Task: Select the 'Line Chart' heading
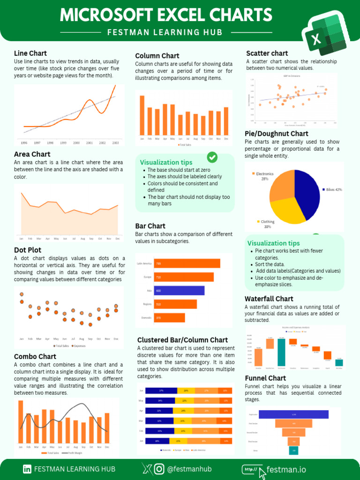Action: click(30, 53)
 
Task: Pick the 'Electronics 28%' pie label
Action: click(265, 176)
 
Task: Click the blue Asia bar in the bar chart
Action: click(180, 291)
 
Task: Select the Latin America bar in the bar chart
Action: click(187, 263)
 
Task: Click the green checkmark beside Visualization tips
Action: click(212, 157)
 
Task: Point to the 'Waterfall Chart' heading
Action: click(269, 299)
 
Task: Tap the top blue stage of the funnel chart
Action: click(293, 414)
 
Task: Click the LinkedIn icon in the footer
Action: click(27, 469)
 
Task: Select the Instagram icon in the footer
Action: click(159, 469)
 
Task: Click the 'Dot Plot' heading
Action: click(27, 250)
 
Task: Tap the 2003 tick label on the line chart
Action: click(115, 142)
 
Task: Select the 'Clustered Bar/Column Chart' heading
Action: click(182, 340)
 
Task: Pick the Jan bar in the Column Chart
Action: click(142, 115)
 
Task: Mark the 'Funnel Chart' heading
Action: click(265, 378)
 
